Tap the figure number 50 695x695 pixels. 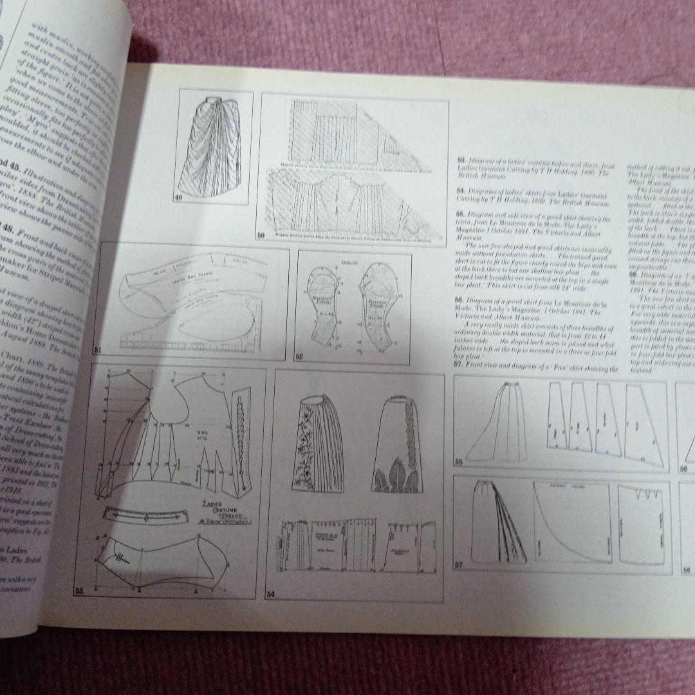(261, 236)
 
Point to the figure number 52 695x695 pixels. (299, 356)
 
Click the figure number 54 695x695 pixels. (271, 593)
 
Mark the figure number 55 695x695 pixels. (459, 461)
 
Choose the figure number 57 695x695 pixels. (459, 565)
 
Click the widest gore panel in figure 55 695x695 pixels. (643, 425)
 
